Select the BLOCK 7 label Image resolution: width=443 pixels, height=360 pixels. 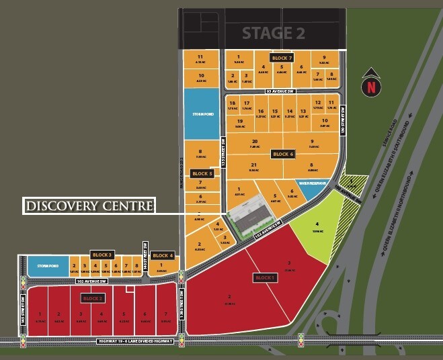coord(282,58)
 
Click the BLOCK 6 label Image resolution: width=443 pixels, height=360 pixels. coord(283,154)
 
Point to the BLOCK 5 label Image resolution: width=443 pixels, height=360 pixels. coord(202,173)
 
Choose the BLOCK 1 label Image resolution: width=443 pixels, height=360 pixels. coord(265,277)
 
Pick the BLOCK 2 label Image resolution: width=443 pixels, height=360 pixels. coord(93,297)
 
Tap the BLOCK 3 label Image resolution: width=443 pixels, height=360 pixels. coord(102,255)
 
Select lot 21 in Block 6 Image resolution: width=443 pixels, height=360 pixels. coord(253,167)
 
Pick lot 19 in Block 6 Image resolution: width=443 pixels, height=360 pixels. coord(239,123)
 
